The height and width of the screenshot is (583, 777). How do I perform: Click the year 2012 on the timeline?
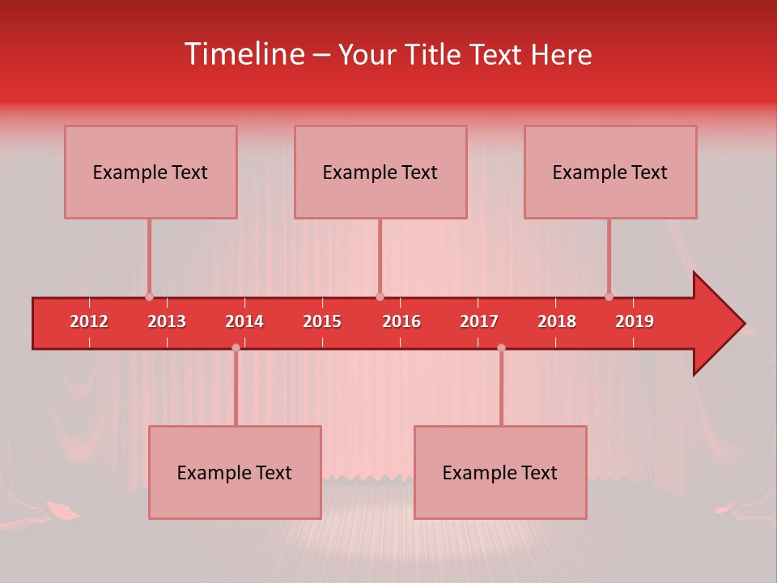(x=89, y=321)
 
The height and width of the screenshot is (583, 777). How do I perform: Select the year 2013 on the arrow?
(x=167, y=321)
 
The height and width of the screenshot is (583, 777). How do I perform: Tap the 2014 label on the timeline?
(x=244, y=321)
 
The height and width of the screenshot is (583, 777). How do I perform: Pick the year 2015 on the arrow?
(x=322, y=321)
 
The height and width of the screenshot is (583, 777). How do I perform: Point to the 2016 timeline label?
(x=401, y=321)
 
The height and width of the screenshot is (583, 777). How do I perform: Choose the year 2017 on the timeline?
(x=479, y=321)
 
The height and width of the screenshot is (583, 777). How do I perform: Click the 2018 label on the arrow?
(x=557, y=321)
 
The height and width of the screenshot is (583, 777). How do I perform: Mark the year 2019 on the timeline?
(x=635, y=321)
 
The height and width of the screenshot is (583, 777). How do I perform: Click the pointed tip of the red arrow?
(x=742, y=324)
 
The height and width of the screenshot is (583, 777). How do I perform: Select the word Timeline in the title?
(x=244, y=54)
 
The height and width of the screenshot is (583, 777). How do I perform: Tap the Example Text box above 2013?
(x=151, y=172)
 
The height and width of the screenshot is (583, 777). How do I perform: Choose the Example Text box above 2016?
(x=380, y=172)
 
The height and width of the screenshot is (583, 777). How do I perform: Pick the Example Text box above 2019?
(x=610, y=172)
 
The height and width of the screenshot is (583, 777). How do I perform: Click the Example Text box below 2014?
(x=235, y=472)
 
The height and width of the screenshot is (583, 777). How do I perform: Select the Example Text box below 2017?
(x=500, y=472)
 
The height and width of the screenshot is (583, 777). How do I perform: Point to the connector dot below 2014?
(x=236, y=347)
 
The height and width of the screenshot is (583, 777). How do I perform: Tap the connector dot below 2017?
(x=501, y=347)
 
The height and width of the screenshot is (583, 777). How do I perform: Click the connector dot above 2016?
(x=380, y=296)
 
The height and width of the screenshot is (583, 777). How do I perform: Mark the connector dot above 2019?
(x=609, y=296)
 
